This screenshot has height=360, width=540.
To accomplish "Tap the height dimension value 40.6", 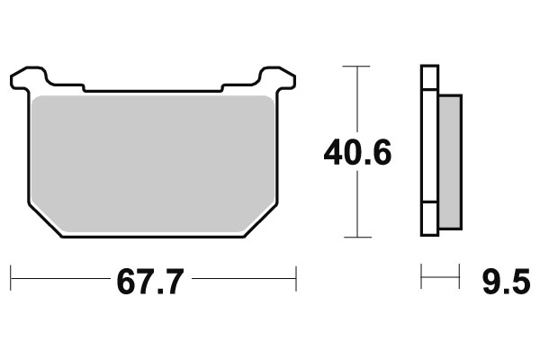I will click(357, 154).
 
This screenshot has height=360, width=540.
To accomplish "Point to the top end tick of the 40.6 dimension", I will click(357, 67).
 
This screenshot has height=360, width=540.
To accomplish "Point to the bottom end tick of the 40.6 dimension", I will click(357, 237).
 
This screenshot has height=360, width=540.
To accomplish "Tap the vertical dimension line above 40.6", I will click(357, 99).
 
